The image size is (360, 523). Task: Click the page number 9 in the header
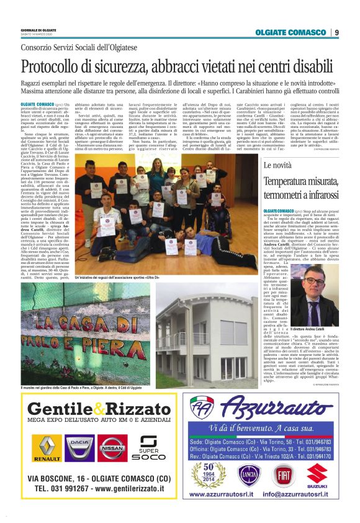pyautogui.click(x=336, y=32)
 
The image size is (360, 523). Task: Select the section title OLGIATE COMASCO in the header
pyautogui.click(x=291, y=32)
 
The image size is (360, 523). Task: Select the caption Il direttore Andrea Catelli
pyautogui.click(x=326, y=328)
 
